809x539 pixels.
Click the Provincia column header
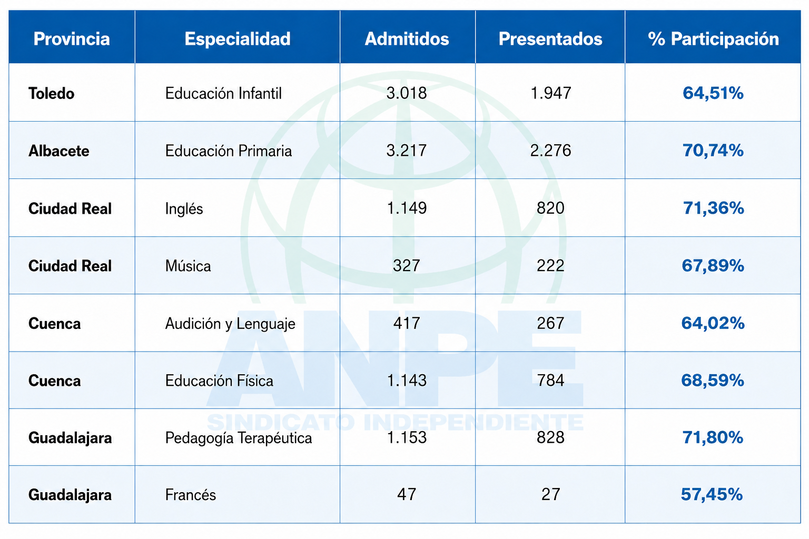72,38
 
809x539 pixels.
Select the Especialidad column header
238,38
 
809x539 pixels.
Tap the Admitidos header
407,38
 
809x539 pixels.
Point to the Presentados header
550,38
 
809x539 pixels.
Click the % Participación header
713,39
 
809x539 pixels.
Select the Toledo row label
51,94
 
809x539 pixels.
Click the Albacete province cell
58,151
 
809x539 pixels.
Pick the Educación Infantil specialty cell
223,94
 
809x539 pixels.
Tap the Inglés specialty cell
184,208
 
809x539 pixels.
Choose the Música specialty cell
188,266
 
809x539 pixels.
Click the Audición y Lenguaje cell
230,324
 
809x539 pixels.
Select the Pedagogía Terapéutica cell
239,438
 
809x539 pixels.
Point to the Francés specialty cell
190,495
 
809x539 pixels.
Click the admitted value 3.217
406,151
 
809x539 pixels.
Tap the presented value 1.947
550,93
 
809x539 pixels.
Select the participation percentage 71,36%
713,208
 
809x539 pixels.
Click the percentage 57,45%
712,495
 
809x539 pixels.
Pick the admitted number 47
407,494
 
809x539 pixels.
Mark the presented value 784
550,380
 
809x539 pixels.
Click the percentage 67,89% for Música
713,266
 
